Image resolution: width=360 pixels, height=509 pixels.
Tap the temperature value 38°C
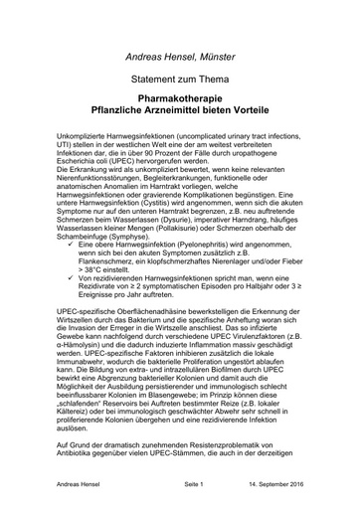[105, 268]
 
